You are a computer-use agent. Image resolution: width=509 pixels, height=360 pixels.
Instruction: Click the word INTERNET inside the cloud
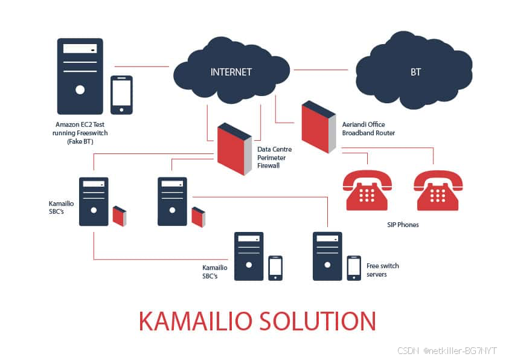coord(231,72)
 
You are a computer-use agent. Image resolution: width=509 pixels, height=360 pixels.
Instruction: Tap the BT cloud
coord(415,72)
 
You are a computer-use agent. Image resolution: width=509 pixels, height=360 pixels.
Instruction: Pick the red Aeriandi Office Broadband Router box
coord(318,127)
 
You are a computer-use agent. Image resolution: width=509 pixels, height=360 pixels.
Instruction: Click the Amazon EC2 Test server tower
coord(80,76)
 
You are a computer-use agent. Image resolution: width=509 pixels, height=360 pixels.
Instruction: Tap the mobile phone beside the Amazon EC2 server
coord(121,94)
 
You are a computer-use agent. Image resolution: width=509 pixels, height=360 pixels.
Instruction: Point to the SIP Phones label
coord(403,225)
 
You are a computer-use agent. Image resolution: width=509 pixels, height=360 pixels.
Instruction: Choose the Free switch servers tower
coord(327,256)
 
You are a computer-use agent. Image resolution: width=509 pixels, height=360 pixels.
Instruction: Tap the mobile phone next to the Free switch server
coord(354,268)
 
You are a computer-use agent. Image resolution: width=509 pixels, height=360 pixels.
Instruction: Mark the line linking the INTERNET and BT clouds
coord(321,70)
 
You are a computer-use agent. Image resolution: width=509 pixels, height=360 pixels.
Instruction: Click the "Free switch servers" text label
coord(383,270)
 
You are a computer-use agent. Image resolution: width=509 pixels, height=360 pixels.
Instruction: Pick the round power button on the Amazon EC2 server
coord(80,90)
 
